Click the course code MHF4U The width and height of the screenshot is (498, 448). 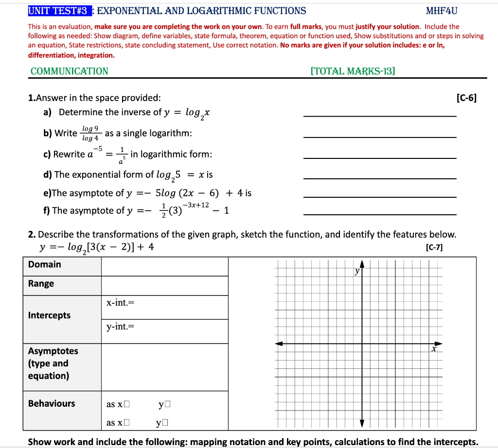click(442, 11)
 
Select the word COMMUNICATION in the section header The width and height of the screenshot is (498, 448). click(70, 71)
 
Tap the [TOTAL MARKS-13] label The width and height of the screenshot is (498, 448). click(353, 71)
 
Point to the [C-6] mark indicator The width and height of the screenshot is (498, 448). click(467, 98)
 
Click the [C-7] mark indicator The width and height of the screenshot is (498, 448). click(434, 247)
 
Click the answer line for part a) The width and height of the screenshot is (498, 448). click(379, 116)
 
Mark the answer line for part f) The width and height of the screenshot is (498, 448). click(379, 214)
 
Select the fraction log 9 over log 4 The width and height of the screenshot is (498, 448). click(90, 133)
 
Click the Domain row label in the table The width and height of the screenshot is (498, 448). click(45, 264)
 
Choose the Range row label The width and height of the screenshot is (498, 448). click(41, 284)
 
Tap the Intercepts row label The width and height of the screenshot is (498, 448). click(49, 315)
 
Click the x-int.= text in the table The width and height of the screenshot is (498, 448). click(120, 303)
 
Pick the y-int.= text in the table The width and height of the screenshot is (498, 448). click(120, 327)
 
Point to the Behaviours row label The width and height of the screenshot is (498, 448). click(52, 403)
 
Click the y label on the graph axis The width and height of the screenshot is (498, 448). click(357, 271)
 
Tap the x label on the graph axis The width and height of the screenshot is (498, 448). click(434, 349)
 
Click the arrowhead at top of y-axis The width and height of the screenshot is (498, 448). click(362, 264)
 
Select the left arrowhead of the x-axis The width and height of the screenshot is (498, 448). click(279, 344)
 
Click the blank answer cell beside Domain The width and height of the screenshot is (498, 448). click(164, 266)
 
